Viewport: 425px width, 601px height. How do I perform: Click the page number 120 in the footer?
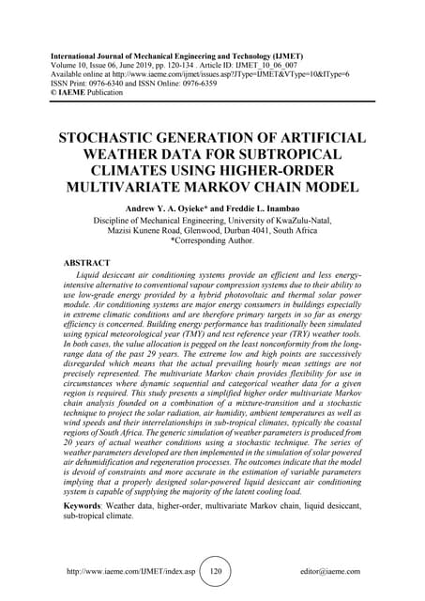click(216, 570)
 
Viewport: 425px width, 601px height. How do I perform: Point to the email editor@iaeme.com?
click(332, 571)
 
